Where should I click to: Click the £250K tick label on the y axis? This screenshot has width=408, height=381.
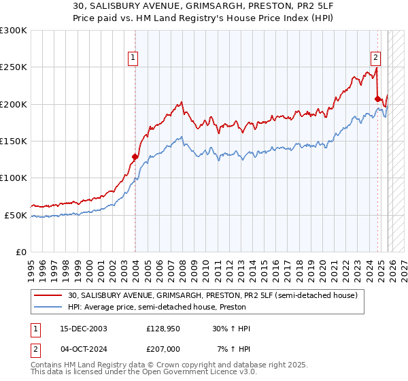point(14,67)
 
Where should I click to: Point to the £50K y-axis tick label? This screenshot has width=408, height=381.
point(16,215)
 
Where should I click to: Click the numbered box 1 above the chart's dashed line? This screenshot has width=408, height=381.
point(133,58)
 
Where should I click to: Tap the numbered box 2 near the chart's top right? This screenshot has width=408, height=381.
point(375,58)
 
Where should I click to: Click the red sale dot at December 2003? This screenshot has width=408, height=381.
point(135,156)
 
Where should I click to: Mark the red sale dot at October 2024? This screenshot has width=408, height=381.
point(377,99)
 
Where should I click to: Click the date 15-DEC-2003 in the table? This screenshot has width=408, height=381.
point(84,329)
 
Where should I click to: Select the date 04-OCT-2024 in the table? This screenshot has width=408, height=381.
point(84,349)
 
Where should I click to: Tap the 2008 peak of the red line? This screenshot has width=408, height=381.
point(182,103)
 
